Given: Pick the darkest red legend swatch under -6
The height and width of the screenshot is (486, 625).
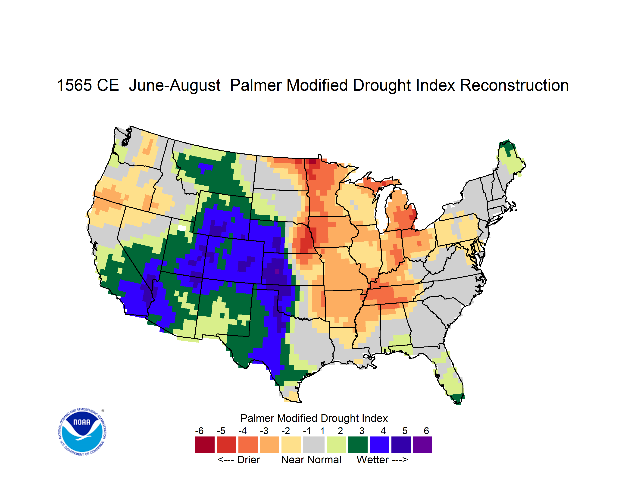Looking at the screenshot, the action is point(205,445).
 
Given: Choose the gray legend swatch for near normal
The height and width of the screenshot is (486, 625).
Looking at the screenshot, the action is point(314,445).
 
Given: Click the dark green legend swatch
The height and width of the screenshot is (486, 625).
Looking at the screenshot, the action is point(358,445).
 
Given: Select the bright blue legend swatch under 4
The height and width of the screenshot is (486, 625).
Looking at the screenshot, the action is point(379,445).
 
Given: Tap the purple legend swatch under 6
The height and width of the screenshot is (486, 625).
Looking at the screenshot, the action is point(422,445).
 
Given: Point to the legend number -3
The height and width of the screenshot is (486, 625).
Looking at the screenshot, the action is point(264,431).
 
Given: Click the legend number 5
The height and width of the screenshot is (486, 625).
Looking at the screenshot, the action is point(405,431).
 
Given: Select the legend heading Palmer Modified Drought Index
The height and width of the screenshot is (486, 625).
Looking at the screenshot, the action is point(314,418).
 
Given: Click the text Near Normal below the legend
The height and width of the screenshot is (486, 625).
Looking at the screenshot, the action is point(311,460).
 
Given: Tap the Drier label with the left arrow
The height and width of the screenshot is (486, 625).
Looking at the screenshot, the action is point(239,460).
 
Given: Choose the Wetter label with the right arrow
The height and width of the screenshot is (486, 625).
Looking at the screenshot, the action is point(382,460).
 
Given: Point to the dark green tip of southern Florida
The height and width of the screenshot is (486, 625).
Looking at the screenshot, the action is point(457,399).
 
